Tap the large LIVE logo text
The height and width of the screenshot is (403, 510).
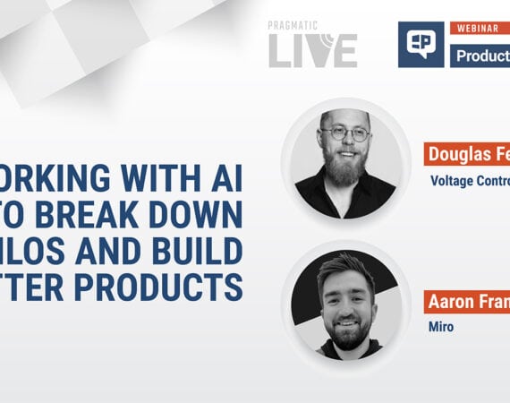click(312, 50)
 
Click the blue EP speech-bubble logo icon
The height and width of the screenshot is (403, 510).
click(421, 44)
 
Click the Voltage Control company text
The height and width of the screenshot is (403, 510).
click(469, 179)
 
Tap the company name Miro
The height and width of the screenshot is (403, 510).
click(441, 327)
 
